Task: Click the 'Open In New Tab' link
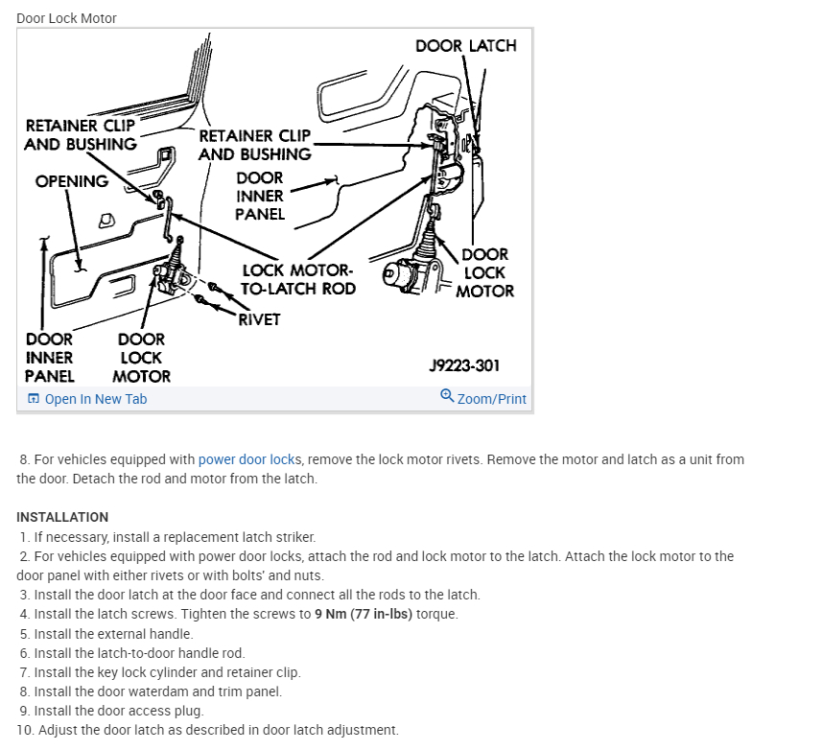pos(95,399)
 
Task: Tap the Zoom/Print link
pos(491,399)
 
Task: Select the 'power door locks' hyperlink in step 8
pos(249,459)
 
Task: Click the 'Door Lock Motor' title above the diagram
pos(66,18)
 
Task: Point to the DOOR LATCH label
pos(465,45)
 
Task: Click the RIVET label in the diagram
pos(259,319)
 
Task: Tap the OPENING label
pos(72,181)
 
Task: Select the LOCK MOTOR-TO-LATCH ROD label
pos(298,280)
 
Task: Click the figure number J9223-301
pos(464,365)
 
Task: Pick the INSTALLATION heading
pos(62,517)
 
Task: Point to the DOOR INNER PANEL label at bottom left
pos(49,358)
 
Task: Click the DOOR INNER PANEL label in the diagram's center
pos(260,196)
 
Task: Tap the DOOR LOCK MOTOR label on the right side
pos(484,272)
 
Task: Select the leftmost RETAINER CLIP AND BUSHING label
pos(81,135)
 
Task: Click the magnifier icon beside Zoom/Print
pos(447,397)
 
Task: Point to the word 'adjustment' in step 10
pos(364,730)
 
